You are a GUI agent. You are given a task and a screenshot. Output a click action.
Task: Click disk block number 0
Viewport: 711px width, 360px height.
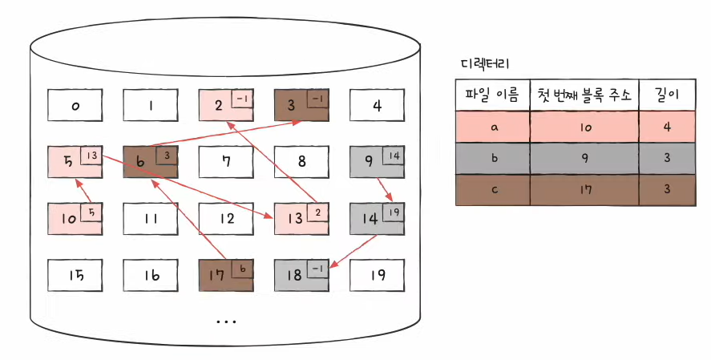point(75,104)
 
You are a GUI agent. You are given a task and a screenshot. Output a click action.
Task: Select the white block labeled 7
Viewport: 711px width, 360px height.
point(226,160)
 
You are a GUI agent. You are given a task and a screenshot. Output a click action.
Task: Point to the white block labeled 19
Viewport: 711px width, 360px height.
point(377,274)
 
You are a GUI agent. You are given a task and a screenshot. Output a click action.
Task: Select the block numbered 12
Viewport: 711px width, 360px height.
point(226,217)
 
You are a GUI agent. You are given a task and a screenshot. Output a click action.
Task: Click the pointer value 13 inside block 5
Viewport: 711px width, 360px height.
point(91,155)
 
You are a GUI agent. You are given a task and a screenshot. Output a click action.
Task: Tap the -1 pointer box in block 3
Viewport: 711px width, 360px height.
point(318,99)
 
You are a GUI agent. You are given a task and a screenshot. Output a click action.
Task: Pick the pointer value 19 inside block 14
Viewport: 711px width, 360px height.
point(394,212)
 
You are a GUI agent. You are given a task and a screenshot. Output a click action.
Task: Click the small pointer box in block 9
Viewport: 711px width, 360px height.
point(394,155)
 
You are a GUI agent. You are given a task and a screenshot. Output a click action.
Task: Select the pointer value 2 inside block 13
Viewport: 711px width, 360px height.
point(318,212)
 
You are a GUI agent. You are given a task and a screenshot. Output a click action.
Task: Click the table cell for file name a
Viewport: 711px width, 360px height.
point(492,127)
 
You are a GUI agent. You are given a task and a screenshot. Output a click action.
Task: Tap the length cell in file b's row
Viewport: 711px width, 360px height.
point(667,157)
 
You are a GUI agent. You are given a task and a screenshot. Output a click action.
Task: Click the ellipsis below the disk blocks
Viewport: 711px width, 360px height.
point(226,320)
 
